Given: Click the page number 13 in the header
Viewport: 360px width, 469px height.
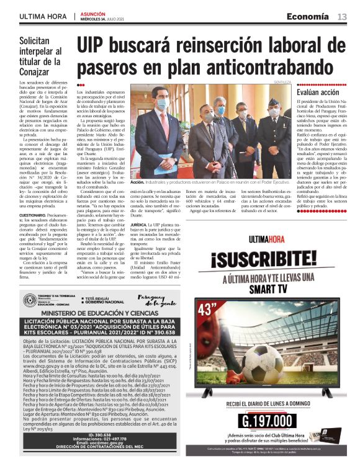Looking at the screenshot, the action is click(341, 16).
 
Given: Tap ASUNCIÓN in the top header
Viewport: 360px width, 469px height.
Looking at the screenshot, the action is click(93, 12).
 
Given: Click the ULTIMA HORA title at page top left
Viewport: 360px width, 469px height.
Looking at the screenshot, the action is click(42, 16).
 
